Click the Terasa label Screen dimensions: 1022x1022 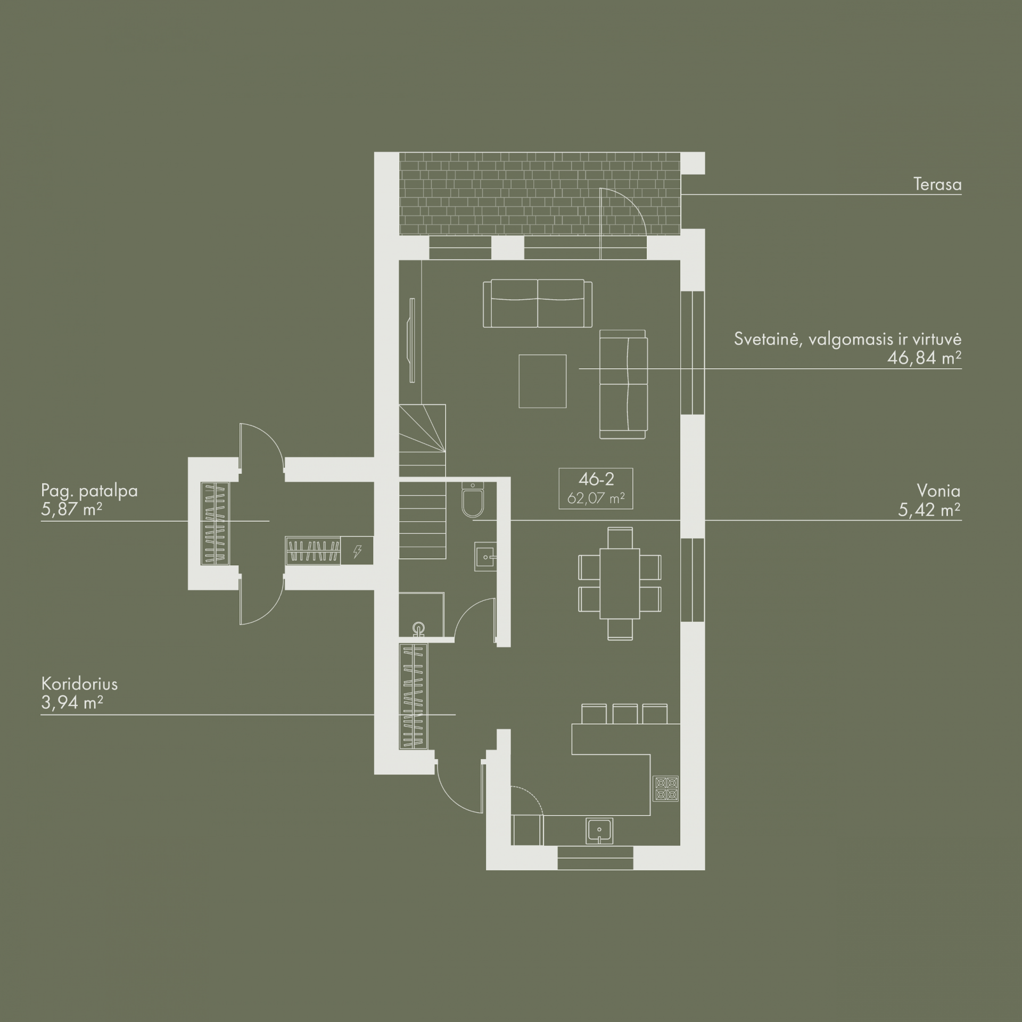click(x=937, y=185)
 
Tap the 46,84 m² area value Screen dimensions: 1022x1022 click(x=924, y=358)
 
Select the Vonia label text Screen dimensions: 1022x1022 click(x=939, y=490)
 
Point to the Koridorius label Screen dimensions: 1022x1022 click(x=79, y=683)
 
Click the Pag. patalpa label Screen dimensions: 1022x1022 click(x=89, y=490)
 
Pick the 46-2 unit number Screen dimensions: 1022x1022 click(x=596, y=479)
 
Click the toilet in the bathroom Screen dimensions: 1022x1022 click(x=472, y=499)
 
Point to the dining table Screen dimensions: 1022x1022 click(x=620, y=583)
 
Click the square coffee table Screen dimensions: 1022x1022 click(x=542, y=381)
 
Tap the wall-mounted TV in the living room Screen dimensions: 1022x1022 click(x=411, y=340)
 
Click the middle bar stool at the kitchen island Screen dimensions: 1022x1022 click(x=624, y=714)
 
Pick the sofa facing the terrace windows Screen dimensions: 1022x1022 click(x=538, y=304)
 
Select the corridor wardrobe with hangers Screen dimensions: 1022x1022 click(x=414, y=696)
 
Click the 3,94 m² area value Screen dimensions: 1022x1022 click(x=72, y=703)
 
